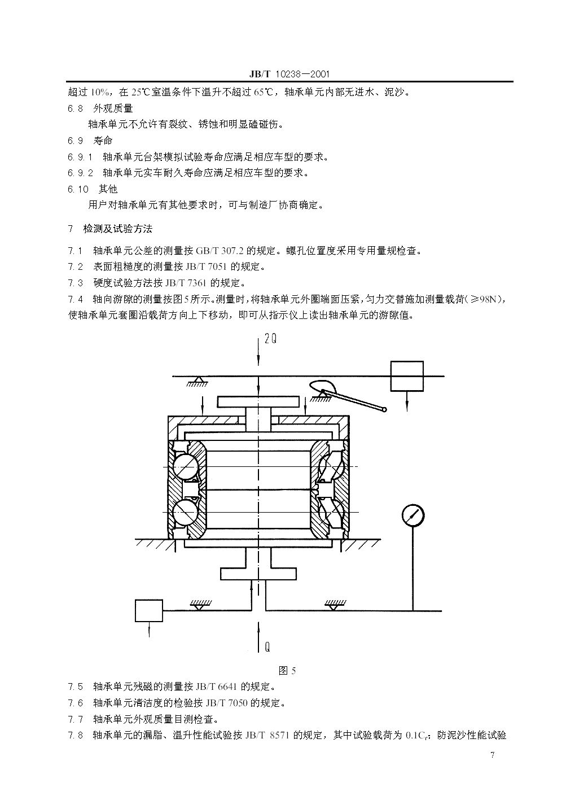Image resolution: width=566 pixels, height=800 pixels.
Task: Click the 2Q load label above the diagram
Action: point(270,339)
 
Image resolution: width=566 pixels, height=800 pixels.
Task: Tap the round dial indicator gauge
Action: point(413,515)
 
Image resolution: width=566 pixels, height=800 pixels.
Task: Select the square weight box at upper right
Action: point(407,376)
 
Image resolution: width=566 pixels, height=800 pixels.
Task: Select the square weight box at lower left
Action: point(149,610)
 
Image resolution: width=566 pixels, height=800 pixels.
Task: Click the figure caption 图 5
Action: point(287,670)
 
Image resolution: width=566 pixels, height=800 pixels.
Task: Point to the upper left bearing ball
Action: point(186,466)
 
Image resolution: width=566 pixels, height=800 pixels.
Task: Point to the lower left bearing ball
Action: point(186,513)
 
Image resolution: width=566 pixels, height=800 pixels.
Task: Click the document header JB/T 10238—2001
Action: point(288,75)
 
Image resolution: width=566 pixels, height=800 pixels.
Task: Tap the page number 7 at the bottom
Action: point(493,755)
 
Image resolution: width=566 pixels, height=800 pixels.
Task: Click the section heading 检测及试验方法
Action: point(117,229)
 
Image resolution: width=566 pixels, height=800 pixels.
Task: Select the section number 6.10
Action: point(78,189)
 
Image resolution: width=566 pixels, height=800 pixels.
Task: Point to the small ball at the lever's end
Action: point(384,409)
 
